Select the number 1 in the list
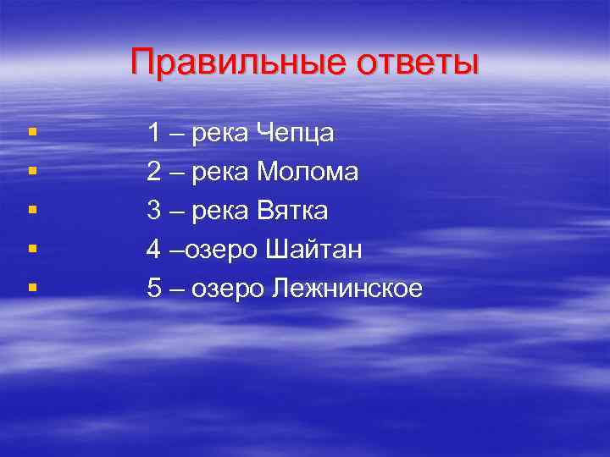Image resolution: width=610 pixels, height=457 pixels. (x=154, y=133)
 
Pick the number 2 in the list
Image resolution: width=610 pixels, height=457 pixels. (x=154, y=172)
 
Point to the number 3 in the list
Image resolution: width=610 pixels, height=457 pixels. (x=154, y=211)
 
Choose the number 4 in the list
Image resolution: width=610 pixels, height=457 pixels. (x=154, y=250)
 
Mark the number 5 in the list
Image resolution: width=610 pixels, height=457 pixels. (x=154, y=289)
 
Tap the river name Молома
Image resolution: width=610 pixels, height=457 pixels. (x=308, y=172)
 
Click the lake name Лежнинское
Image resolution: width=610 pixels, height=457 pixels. (x=347, y=289)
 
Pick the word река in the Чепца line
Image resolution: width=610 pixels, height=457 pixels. (x=220, y=134)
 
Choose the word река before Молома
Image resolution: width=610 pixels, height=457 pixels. (x=220, y=173)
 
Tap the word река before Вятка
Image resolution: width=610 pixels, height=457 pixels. (x=220, y=212)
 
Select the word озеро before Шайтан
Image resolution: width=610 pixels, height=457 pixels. (x=225, y=251)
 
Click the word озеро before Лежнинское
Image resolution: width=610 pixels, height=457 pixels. (x=229, y=289)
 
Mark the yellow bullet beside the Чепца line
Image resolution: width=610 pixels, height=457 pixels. (x=31, y=133)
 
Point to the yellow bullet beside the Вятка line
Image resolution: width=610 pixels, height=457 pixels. (x=31, y=211)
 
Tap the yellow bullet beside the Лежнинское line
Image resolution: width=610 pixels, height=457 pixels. (x=31, y=289)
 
